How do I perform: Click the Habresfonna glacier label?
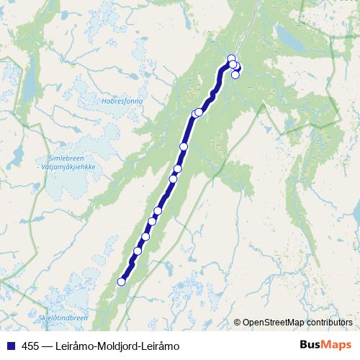pyautogui.click(x=122, y=101)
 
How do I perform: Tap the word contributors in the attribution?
pyautogui.click(x=328, y=323)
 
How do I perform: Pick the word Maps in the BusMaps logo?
pyautogui.click(x=336, y=345)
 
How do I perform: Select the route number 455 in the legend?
pyautogui.click(x=30, y=346)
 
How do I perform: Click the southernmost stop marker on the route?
pyautogui.click(x=121, y=282)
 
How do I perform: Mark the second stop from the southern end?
pyautogui.click(x=137, y=251)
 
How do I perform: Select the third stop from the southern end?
pyautogui.click(x=145, y=236)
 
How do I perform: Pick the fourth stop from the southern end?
pyautogui.click(x=152, y=222)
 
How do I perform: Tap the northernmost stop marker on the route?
pyautogui.click(x=231, y=58)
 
